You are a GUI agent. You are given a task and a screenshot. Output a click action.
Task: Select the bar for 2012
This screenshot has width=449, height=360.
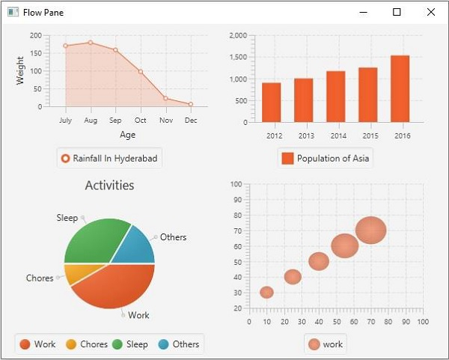tap(271, 103)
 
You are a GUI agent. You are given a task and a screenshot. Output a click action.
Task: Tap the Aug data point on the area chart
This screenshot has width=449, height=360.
tap(91, 43)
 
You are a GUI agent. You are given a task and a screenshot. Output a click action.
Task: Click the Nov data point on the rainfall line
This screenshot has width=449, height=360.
tap(165, 98)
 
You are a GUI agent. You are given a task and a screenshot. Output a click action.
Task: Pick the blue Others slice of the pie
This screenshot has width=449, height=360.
tap(138, 244)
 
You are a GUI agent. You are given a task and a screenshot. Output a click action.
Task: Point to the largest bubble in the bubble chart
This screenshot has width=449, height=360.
tap(370, 230)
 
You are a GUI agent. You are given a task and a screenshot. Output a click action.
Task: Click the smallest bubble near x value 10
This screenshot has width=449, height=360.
tap(266, 292)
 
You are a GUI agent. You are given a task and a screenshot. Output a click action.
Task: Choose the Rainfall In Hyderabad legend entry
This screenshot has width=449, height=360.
tap(109, 158)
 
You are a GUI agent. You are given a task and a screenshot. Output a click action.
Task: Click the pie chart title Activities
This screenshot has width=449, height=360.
tap(109, 185)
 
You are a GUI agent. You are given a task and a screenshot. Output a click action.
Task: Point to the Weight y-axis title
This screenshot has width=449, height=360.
tap(20, 70)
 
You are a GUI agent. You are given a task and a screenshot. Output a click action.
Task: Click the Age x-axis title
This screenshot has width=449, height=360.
tap(127, 135)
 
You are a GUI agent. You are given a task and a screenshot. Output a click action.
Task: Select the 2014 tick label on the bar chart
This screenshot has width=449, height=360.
tap(338, 135)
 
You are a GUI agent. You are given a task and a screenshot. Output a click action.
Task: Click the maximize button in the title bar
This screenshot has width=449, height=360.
tap(397, 12)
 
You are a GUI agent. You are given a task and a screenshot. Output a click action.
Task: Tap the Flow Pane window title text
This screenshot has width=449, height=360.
tap(43, 13)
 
